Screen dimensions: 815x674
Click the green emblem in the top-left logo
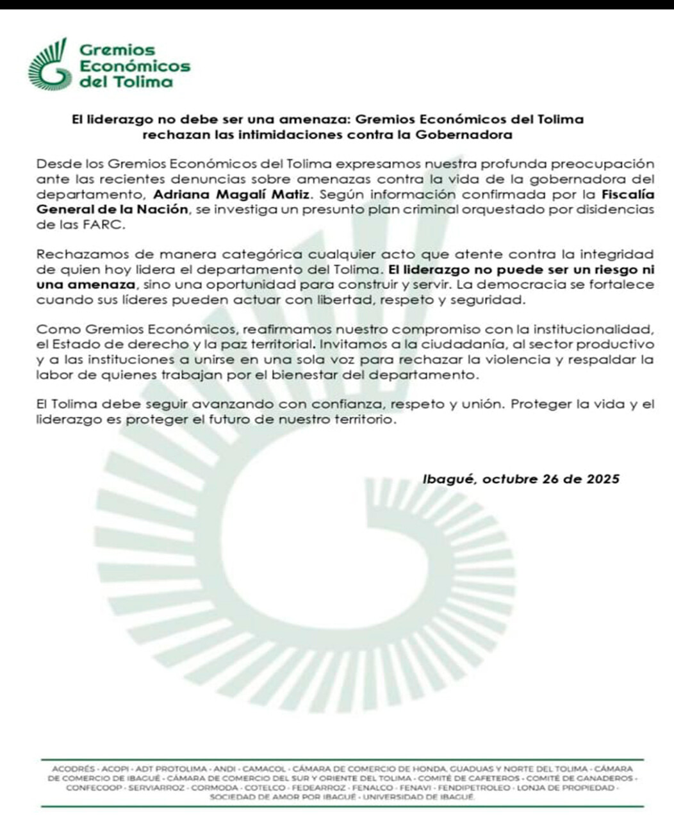49,65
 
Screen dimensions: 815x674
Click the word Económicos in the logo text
135,66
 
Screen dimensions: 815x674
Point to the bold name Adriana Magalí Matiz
232,194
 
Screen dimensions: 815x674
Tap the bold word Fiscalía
627,194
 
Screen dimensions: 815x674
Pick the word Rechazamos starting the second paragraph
76,254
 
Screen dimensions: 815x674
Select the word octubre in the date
509,479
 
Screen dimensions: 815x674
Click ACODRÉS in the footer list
73,768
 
